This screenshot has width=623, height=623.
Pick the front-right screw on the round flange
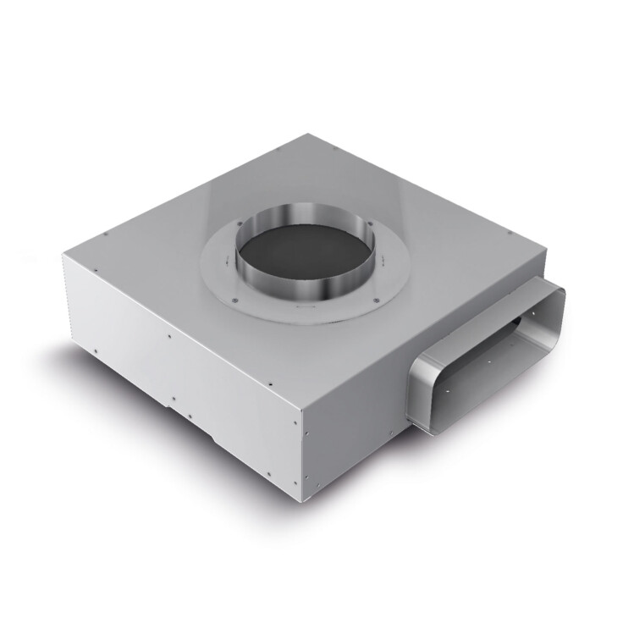coord(372,299)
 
